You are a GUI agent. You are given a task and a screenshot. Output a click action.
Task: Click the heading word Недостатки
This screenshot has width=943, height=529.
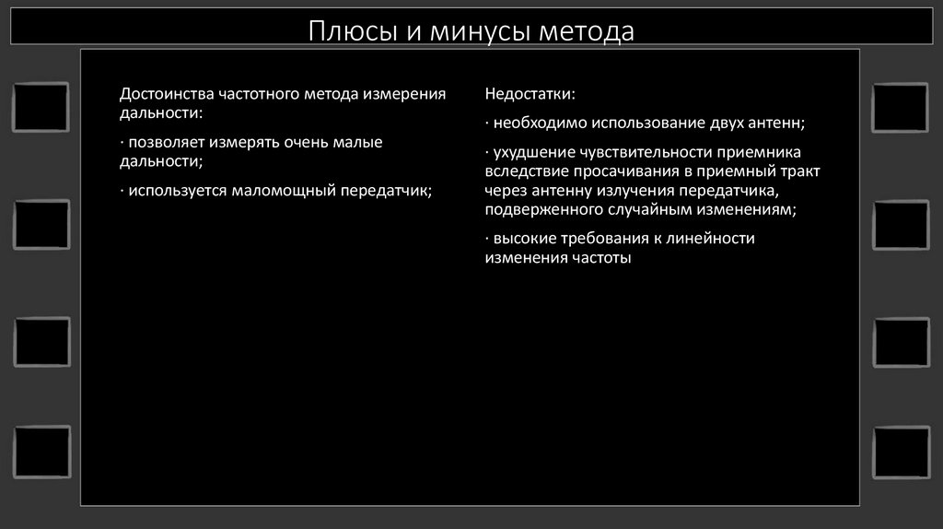[530, 95]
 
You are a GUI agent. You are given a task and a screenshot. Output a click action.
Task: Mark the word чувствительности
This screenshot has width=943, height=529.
[642, 151]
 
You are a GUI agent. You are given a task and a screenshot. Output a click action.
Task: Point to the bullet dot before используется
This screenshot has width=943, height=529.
[122, 191]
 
